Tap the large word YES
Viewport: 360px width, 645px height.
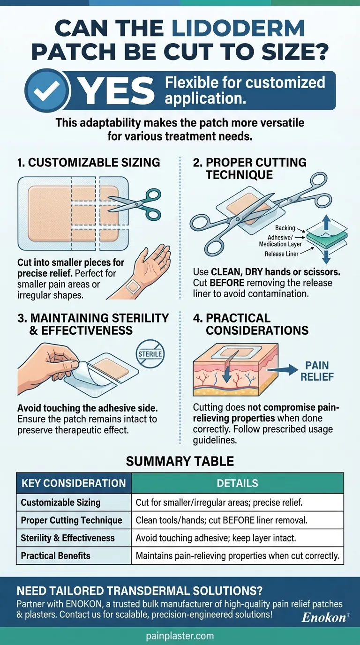pyautogui.click(x=116, y=91)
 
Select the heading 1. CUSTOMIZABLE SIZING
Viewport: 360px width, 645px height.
pyautogui.click(x=89, y=163)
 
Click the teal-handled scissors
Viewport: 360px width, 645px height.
pyautogui.click(x=137, y=203)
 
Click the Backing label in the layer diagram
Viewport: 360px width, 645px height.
pyautogui.click(x=285, y=228)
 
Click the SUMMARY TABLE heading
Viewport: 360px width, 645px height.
pyautogui.click(x=180, y=461)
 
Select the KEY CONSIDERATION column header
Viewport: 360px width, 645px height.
pyautogui.click(x=74, y=483)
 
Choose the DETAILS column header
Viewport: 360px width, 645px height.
pyautogui.click(x=237, y=483)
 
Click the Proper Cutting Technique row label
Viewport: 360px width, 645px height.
pyautogui.click(x=71, y=520)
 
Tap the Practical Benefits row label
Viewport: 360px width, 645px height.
pyautogui.click(x=55, y=556)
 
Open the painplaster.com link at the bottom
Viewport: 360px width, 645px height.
pyautogui.click(x=180, y=636)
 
